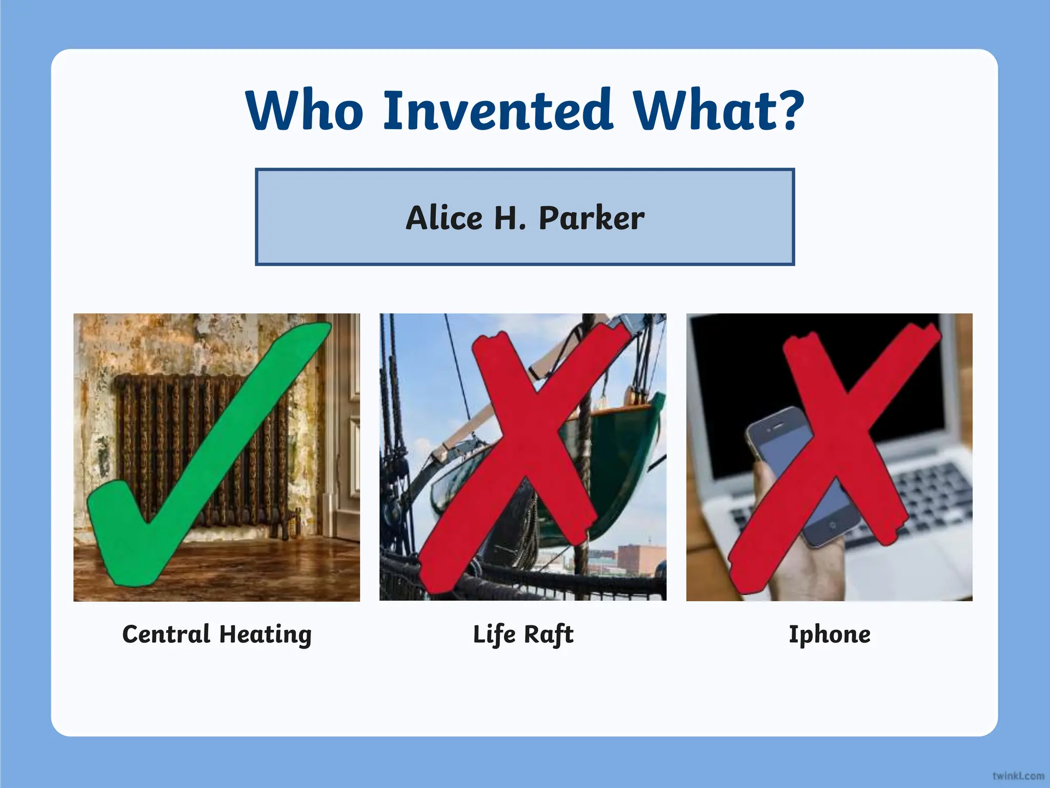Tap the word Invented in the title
[x=497, y=110]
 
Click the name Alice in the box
[x=444, y=218]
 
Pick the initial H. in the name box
[x=510, y=218]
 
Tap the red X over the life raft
[x=528, y=457]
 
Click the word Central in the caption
[x=166, y=634]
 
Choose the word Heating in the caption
[x=265, y=635]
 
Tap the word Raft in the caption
[x=548, y=635]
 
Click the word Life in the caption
[x=494, y=635]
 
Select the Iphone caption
[x=829, y=635]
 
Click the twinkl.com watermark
[x=1018, y=775]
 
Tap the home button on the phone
[x=832, y=526]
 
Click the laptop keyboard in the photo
[x=923, y=503]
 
